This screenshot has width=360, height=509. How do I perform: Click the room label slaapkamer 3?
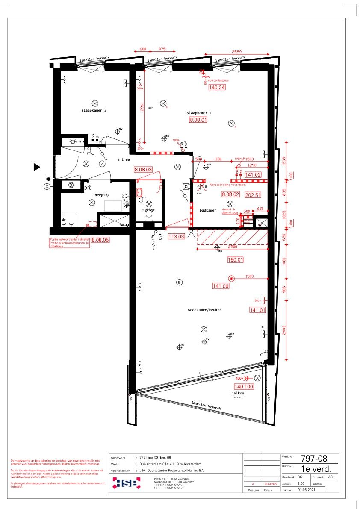[x=94, y=110]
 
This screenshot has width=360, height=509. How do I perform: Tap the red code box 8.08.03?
[x=143, y=169]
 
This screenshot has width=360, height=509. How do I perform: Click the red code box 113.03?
[x=176, y=236]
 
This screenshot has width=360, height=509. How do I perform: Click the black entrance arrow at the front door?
[x=37, y=167]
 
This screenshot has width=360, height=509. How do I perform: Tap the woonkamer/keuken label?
[x=204, y=310]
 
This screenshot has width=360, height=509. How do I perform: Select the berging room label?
[x=102, y=195]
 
